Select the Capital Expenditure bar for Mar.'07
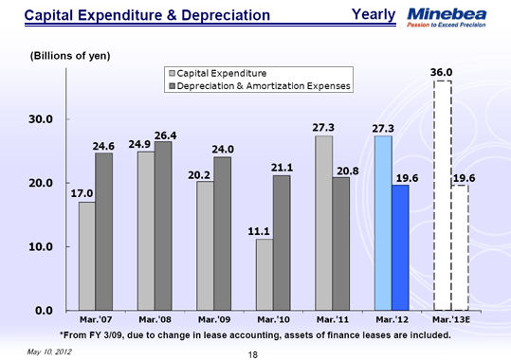click(x=86, y=256)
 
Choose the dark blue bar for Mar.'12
click(x=400, y=247)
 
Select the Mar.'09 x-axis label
click(x=214, y=319)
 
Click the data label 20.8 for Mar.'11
click(x=348, y=170)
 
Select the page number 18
click(x=253, y=353)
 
